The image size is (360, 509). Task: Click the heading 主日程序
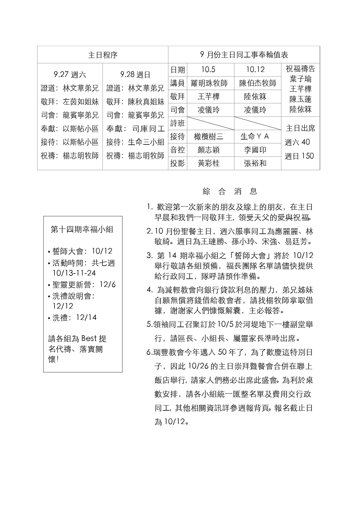click(103, 55)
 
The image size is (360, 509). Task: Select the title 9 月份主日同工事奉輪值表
click(244, 55)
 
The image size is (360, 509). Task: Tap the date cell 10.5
click(208, 70)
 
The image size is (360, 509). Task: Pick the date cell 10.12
click(255, 70)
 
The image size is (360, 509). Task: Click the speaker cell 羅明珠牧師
click(209, 83)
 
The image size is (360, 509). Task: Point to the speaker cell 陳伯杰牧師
click(258, 83)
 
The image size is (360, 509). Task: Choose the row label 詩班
click(178, 123)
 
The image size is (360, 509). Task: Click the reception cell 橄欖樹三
click(209, 136)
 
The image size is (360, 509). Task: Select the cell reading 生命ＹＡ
click(255, 136)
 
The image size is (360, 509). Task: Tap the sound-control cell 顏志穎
click(209, 150)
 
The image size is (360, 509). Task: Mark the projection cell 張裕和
click(255, 163)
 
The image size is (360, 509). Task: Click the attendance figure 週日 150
click(299, 156)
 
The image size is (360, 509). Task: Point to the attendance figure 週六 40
click(297, 142)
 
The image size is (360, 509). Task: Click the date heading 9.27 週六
click(70, 75)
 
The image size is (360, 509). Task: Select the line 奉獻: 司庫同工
click(135, 128)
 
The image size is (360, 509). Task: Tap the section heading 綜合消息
click(230, 191)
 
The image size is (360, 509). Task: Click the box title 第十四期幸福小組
click(82, 230)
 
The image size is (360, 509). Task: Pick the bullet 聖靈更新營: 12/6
click(84, 285)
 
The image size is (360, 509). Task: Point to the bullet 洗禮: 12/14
click(74, 318)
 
